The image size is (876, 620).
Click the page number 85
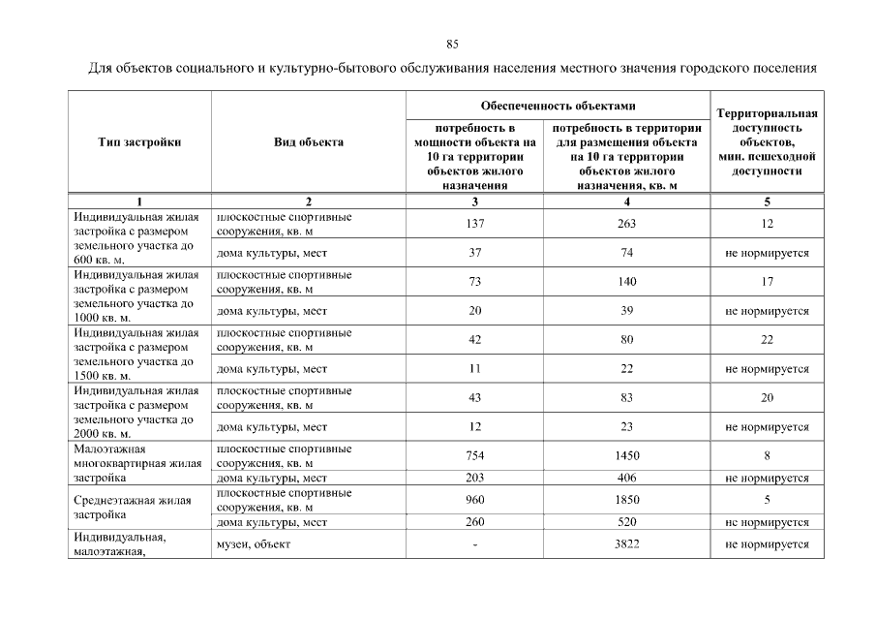452,45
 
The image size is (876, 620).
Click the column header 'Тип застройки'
139,142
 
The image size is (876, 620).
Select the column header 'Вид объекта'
308,142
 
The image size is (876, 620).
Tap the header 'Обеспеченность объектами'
558,105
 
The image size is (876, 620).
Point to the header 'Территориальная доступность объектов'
768,142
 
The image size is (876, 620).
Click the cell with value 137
474,224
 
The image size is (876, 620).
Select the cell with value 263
627,224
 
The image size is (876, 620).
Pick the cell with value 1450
627,455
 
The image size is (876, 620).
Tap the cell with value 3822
627,544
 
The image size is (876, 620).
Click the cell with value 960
474,500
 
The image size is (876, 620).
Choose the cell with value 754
474,455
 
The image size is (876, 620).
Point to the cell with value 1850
627,500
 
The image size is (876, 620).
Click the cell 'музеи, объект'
254,544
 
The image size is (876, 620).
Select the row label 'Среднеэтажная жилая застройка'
133,508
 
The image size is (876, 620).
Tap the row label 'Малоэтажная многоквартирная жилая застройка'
137,463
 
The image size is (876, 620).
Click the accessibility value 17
768,282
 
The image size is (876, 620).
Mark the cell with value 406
627,478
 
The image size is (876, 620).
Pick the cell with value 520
627,522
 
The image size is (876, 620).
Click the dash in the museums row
474,544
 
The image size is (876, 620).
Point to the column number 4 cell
627,201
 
